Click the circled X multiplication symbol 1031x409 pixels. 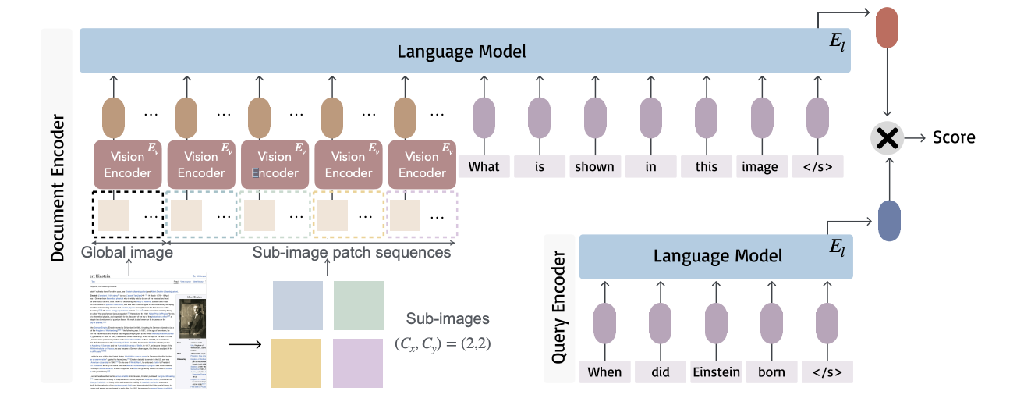coord(887,138)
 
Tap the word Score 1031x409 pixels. coord(954,137)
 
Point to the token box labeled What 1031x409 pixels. coord(484,166)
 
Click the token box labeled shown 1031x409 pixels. coord(594,166)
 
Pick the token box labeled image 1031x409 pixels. coord(760,166)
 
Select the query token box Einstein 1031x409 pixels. coord(716,372)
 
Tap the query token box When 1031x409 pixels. coord(604,372)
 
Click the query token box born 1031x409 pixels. coord(771,372)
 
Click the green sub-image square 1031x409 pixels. coord(359,306)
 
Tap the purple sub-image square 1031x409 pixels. coord(359,364)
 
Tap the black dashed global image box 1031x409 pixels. coord(127,214)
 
